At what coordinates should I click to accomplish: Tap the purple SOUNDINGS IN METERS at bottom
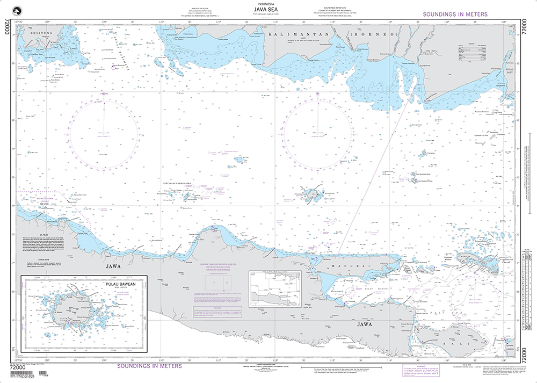pos(149,366)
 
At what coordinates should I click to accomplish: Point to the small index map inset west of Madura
pos(274,290)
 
